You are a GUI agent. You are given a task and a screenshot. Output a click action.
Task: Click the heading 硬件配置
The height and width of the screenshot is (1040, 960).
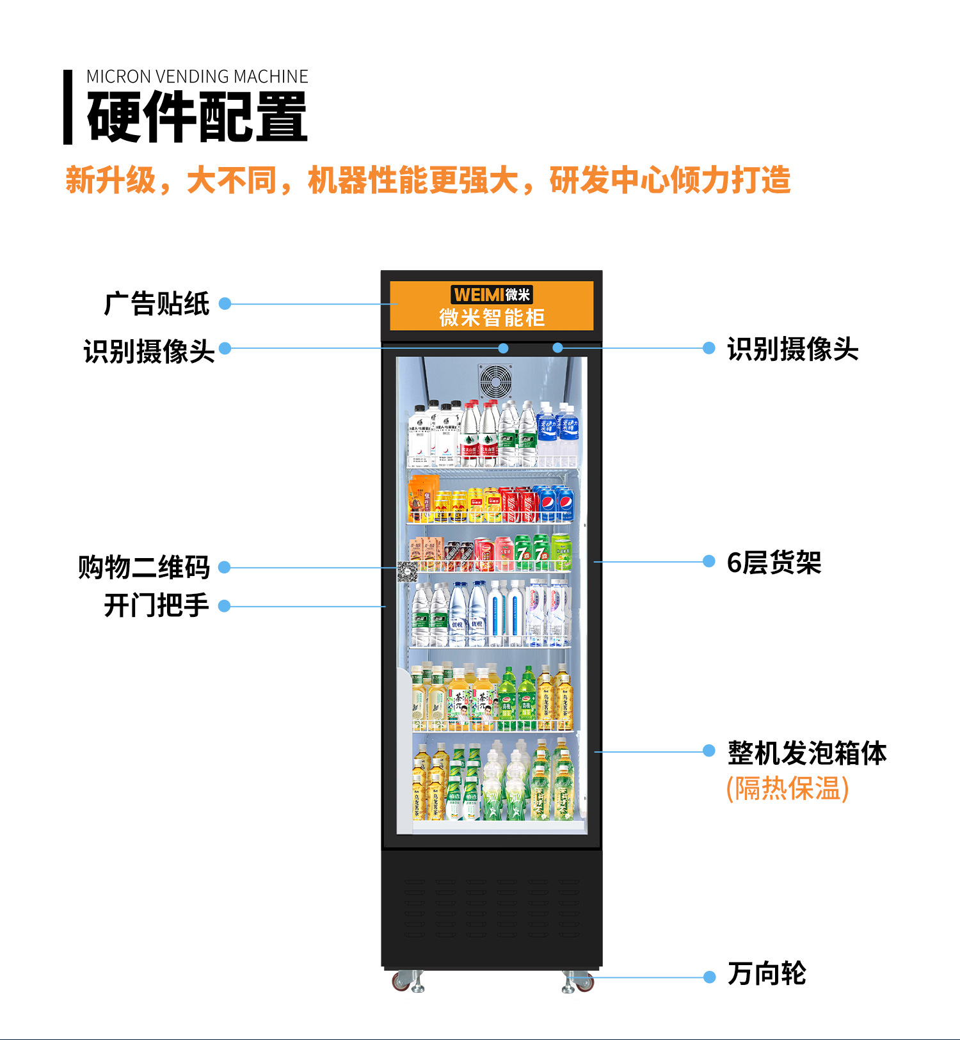point(197,117)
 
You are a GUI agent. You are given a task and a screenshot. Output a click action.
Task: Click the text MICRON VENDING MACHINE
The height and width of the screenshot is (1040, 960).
point(197,77)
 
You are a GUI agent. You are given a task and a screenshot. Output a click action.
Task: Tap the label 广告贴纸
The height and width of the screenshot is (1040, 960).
point(157,303)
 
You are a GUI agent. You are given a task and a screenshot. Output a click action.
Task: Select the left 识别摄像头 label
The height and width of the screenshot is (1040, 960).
point(149,351)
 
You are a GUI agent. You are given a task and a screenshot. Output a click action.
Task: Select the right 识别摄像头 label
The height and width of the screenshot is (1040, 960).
point(792,349)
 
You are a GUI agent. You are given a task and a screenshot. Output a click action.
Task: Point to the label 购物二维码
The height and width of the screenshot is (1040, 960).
point(144,567)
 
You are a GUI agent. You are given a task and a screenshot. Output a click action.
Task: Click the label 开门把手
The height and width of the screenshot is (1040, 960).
point(157,605)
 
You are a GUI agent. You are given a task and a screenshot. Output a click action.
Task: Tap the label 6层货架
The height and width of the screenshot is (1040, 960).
point(774,563)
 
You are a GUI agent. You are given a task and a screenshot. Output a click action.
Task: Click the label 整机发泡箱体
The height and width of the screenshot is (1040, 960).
point(807,753)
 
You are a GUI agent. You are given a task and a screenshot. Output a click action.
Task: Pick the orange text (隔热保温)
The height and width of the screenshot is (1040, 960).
point(787,788)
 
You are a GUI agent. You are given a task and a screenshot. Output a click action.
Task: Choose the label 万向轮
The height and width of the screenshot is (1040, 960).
point(767,974)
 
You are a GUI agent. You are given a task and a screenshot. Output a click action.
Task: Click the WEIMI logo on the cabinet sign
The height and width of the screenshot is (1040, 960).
point(492,294)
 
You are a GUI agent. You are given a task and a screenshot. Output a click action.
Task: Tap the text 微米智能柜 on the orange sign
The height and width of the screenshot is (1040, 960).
point(492,317)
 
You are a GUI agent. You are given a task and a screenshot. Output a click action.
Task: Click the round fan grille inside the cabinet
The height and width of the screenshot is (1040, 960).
point(496,381)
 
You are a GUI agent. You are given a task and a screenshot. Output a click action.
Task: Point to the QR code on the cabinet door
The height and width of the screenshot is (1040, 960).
point(407,571)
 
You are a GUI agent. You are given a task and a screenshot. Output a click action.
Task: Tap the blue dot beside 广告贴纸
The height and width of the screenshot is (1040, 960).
point(225,303)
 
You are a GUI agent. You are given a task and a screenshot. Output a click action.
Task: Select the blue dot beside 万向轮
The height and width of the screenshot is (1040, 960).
point(709,977)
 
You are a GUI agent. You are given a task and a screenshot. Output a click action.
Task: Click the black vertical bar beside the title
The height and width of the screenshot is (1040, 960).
point(68,107)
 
